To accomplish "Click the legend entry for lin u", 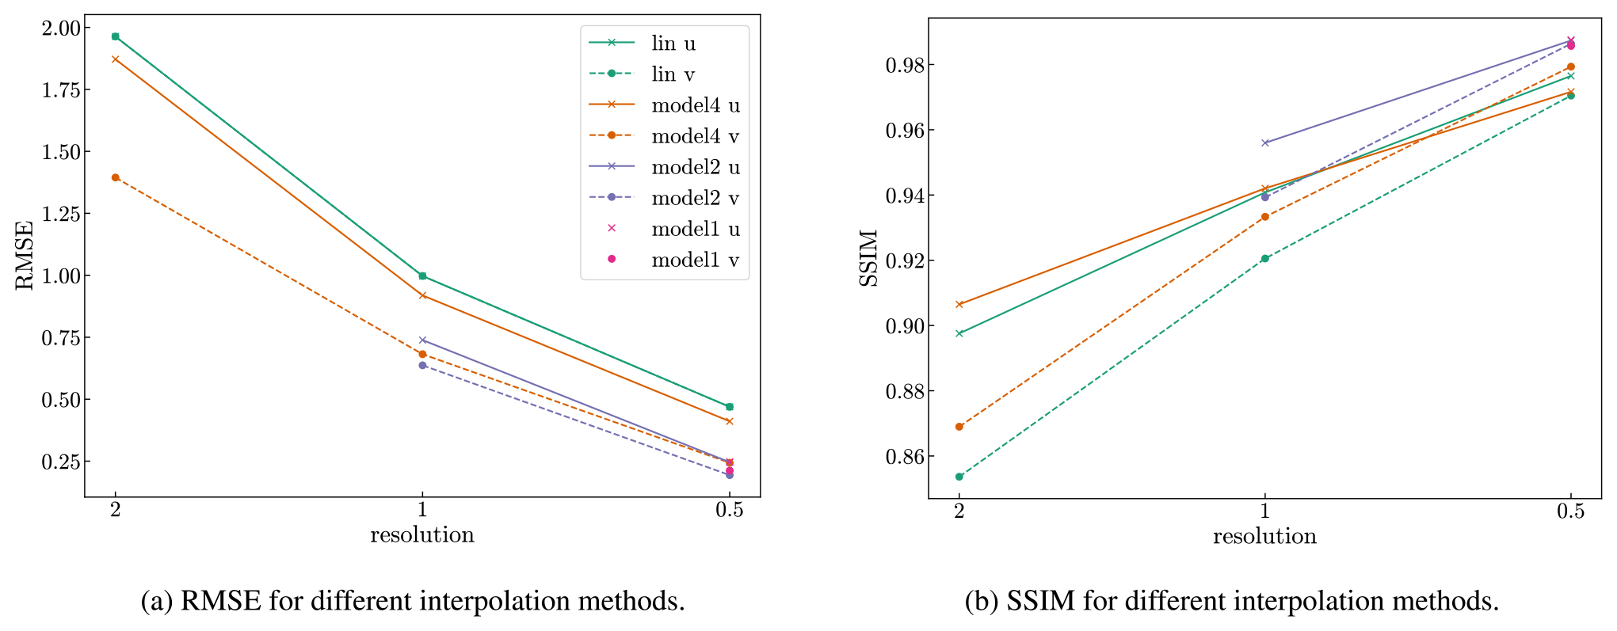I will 673,44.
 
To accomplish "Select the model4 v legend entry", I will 695,136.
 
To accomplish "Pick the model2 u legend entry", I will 696,167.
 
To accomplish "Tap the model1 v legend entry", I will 695,260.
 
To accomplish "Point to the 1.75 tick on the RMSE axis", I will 62,90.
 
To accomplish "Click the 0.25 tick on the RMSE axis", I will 62,462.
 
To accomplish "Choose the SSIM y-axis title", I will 869,258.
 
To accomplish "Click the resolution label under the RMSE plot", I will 422,535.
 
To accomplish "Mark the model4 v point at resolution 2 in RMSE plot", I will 116,178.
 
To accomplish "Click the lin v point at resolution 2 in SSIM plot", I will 959,477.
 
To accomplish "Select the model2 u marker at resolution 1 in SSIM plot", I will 1265,143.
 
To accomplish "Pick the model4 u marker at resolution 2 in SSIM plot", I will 959,304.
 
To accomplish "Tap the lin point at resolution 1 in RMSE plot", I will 422,276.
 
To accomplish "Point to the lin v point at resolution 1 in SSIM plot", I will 1265,259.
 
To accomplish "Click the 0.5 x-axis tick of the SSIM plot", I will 1570,511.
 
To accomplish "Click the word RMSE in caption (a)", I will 221,602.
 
